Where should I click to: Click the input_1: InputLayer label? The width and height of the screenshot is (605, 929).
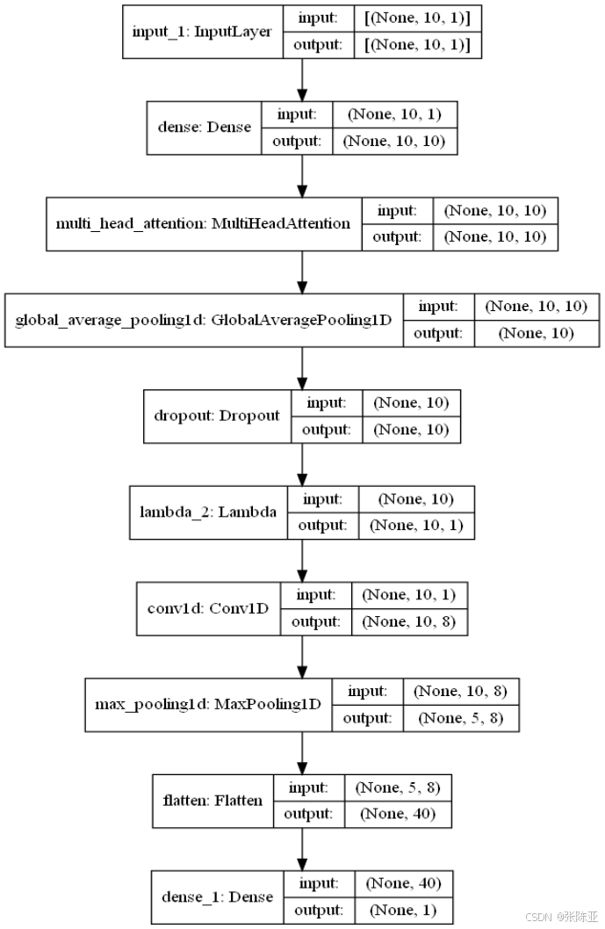coord(201,33)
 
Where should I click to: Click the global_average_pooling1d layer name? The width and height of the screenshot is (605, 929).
coord(203,319)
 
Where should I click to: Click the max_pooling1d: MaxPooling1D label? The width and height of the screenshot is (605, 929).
coord(208,705)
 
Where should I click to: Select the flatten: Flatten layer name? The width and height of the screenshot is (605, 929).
coord(212,801)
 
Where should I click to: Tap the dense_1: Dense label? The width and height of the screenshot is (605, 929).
coord(217,896)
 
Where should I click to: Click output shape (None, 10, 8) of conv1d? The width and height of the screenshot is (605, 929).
coord(409,621)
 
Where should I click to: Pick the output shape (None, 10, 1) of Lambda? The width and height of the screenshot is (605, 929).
coord(416,526)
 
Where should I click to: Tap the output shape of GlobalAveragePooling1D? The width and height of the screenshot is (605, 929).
coord(537,333)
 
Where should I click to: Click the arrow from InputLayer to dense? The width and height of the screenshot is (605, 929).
coord(302,80)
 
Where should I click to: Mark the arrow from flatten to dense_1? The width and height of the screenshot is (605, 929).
coord(302,848)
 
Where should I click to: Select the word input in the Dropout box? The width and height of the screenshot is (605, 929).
coord(327,402)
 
